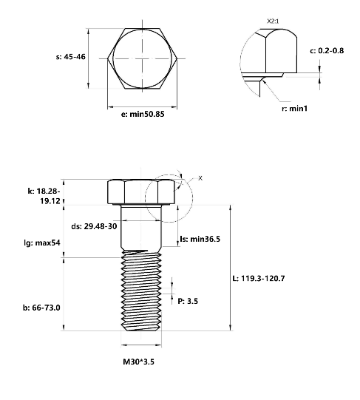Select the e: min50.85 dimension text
(x=143, y=114)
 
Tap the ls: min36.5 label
(x=201, y=239)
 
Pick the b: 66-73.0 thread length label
(x=41, y=308)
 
